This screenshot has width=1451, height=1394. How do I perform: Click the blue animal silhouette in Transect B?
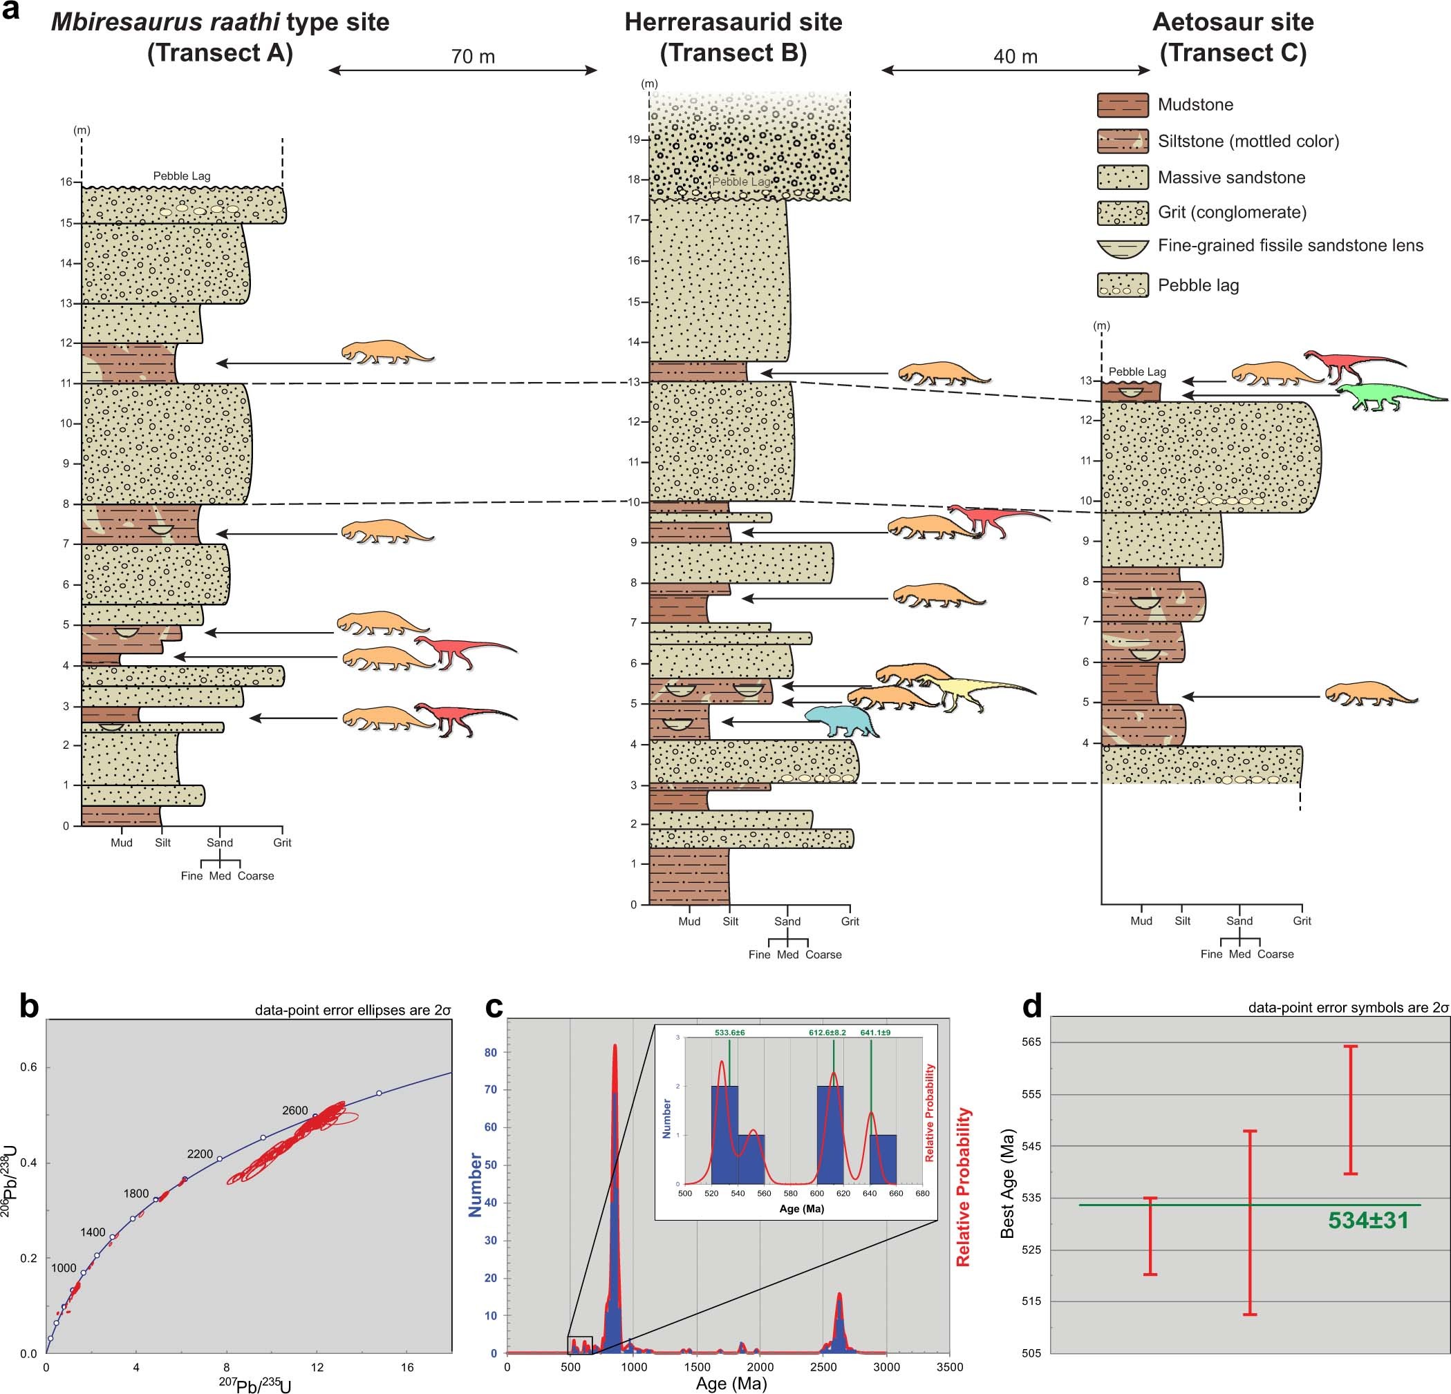[x=841, y=721]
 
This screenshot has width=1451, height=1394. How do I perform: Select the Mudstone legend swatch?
[x=1123, y=105]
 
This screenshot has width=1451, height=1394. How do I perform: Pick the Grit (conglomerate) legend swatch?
[x=1123, y=213]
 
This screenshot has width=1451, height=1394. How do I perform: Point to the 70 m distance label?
[x=472, y=57]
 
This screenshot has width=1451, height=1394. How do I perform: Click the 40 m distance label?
[x=1015, y=57]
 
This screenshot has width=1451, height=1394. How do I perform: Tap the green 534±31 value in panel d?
[x=1367, y=1220]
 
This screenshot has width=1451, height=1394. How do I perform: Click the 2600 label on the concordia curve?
[x=294, y=1111]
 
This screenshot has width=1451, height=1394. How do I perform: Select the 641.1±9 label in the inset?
[x=875, y=1032]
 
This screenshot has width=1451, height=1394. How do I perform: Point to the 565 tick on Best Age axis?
[x=1031, y=1042]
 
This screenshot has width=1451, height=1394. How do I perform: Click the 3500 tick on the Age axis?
[x=949, y=1367]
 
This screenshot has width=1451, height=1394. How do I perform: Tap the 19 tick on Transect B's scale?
[x=634, y=139]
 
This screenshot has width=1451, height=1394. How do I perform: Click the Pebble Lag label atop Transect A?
[x=181, y=176]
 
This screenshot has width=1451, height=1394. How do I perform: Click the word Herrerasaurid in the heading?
[x=691, y=22]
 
